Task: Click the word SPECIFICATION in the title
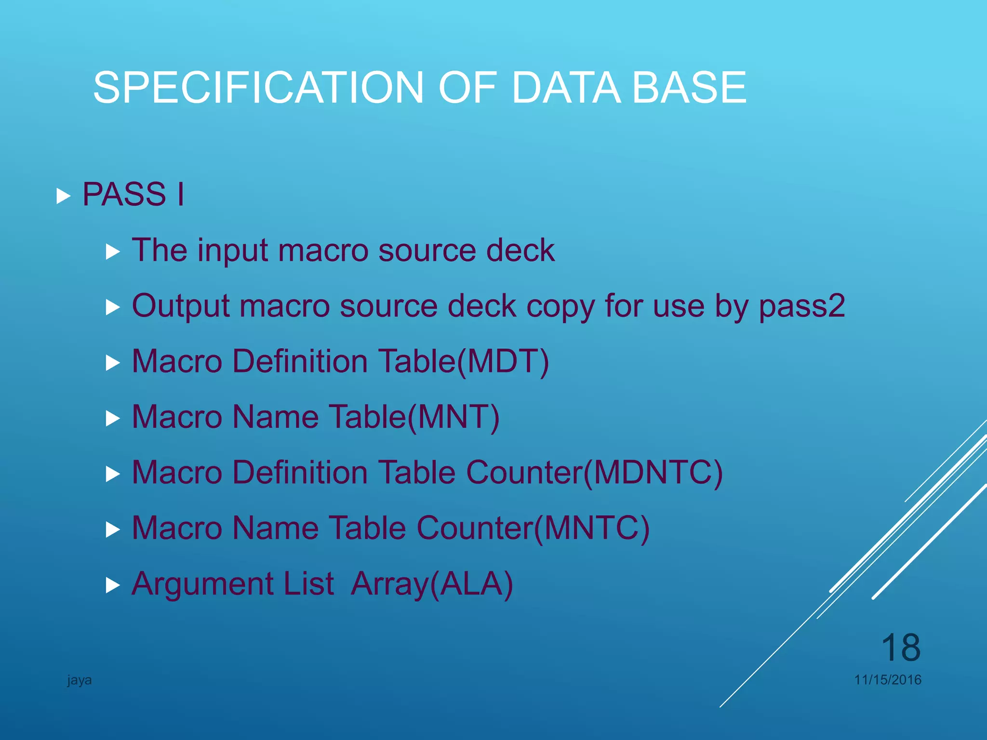point(258,88)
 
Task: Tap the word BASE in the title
point(689,88)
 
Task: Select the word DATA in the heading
point(566,88)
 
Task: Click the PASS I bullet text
point(133,195)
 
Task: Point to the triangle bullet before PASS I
point(63,196)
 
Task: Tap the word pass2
point(802,306)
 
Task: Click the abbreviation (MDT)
point(503,362)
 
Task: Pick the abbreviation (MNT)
point(453,417)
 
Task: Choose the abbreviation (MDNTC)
point(654,473)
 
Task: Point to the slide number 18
point(900,648)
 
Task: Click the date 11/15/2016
point(888,680)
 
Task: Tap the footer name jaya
point(80,680)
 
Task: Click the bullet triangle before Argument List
point(112,585)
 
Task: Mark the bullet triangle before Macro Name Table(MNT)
point(112,419)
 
